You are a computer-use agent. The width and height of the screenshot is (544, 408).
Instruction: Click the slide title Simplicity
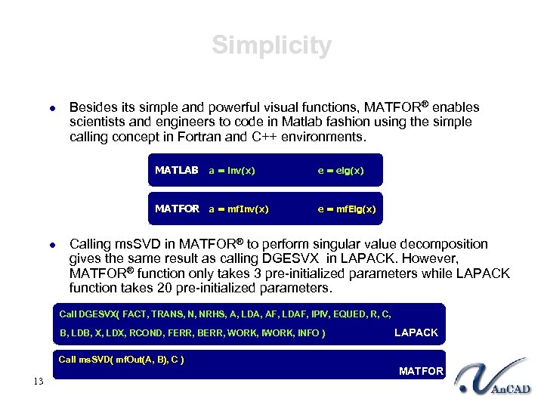pos(271,45)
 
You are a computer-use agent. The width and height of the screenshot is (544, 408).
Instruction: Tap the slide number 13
pos(38,381)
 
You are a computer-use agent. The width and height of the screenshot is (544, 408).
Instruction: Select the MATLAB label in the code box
pos(176,171)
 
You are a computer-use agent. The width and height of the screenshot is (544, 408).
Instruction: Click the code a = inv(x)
pos(232,171)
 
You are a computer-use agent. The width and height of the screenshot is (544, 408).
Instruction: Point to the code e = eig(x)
pos(340,171)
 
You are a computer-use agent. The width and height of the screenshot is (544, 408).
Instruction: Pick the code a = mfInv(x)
pos(238,209)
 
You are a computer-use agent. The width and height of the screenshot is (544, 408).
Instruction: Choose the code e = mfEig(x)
pos(346,209)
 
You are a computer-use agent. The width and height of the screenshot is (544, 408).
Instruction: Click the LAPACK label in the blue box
pos(416,332)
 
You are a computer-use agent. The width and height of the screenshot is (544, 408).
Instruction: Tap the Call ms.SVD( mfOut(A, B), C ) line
pos(122,359)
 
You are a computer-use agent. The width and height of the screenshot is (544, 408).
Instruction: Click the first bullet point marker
pos(52,108)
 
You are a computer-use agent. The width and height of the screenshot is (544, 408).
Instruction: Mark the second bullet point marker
pos(52,245)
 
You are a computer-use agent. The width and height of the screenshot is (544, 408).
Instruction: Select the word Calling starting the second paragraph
pos(90,244)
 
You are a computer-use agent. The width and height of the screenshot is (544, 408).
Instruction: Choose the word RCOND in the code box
pos(146,333)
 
